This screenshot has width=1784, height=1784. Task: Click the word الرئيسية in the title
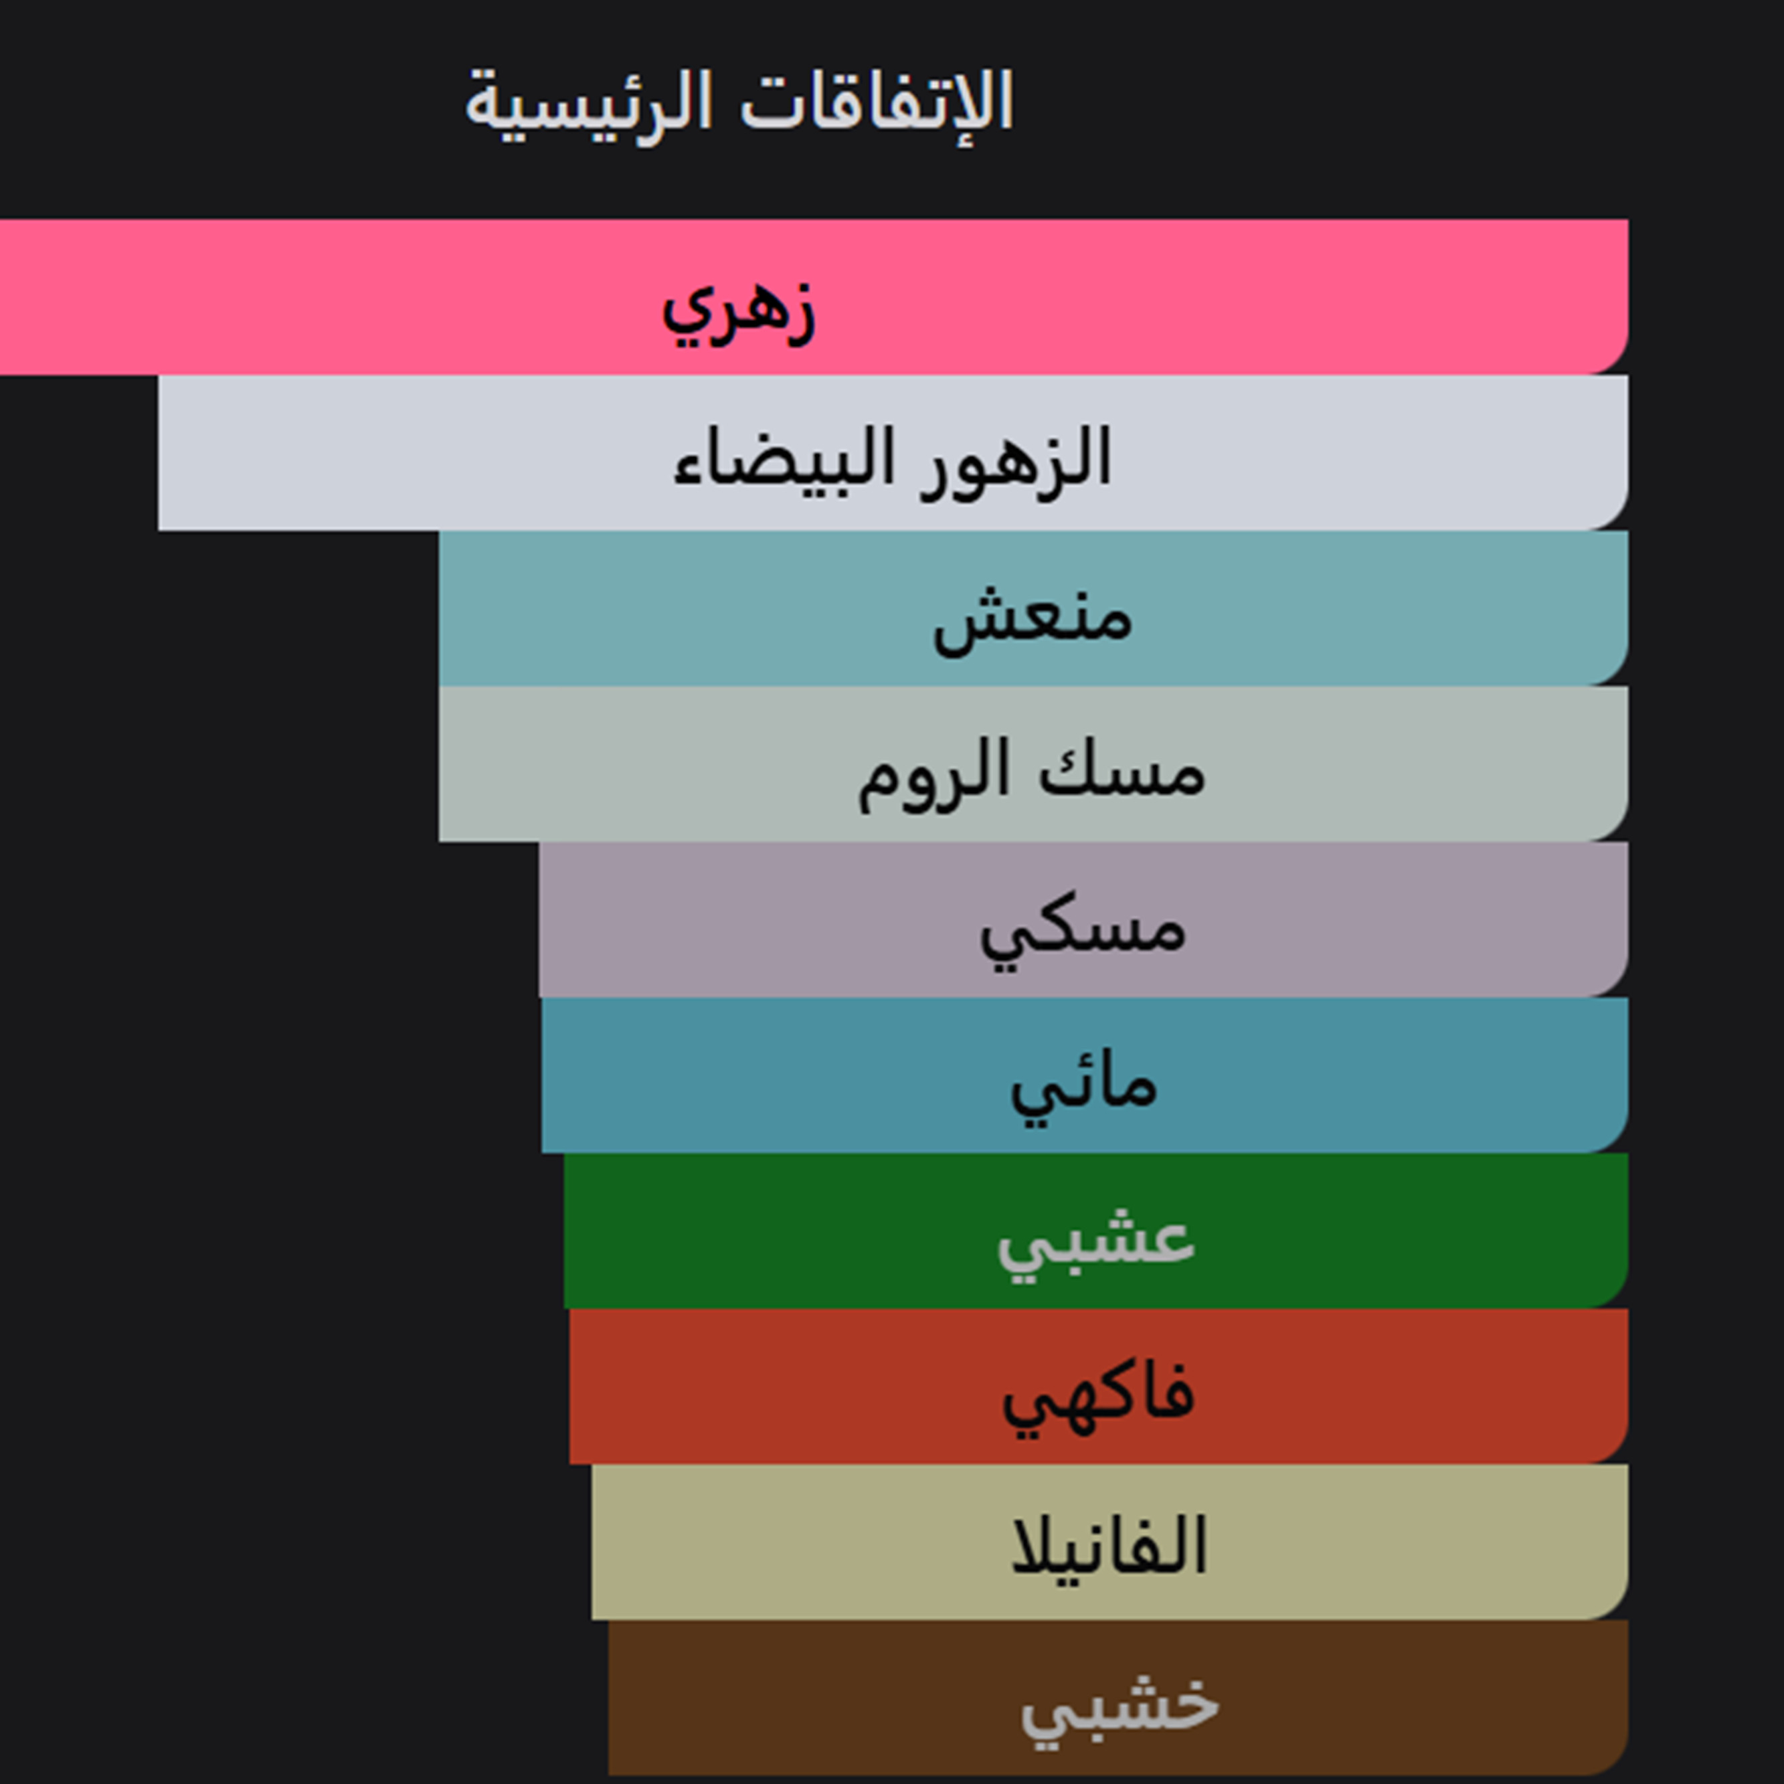(588, 106)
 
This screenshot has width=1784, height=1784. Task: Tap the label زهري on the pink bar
(739, 311)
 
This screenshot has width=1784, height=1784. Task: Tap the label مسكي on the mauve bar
(1082, 931)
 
